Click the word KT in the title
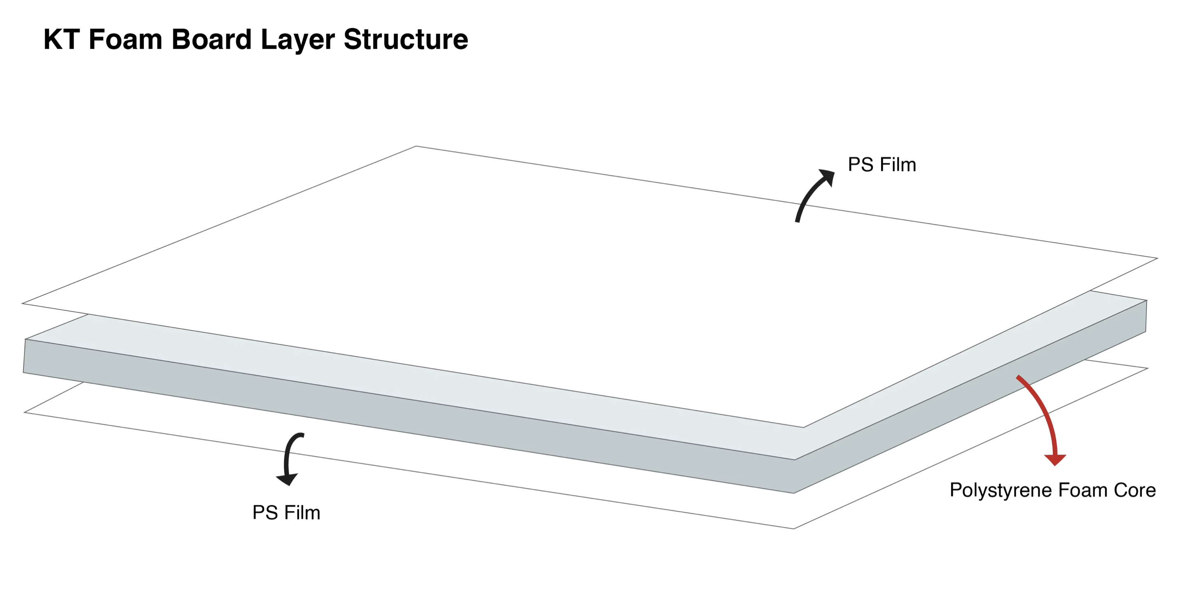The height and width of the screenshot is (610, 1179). coord(61,40)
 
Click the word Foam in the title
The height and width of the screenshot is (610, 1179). coord(125,40)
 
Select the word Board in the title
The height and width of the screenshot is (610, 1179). coord(211,40)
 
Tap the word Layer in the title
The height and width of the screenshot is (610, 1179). coord(297,40)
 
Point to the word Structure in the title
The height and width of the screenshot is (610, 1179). coord(405,40)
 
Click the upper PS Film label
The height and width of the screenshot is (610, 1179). coord(882,165)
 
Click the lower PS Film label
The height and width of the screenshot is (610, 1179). coord(286,512)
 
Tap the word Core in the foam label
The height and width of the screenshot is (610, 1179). coord(1134,490)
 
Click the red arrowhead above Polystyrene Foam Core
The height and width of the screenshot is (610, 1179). coord(1055,459)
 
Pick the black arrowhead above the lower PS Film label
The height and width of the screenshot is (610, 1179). coord(288,479)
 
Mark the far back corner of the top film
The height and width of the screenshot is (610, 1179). coord(416,147)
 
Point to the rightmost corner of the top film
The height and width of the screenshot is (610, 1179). coord(1157,258)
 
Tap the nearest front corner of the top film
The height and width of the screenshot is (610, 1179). coord(803,427)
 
